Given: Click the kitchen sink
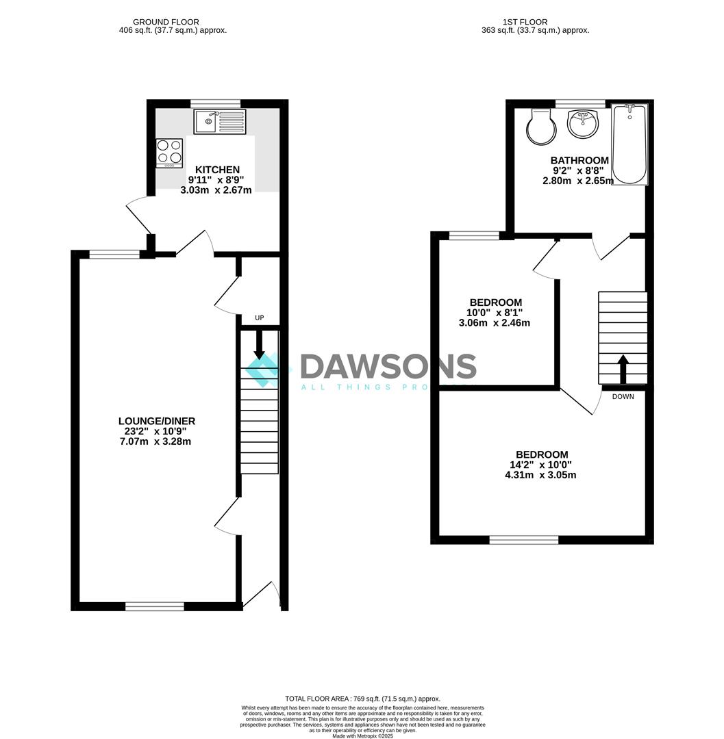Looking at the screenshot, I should pos(219,122).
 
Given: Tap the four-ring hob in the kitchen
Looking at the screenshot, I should pos(169,153).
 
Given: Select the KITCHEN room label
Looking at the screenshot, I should pos(217,170).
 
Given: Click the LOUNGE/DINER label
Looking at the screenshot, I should pos(157,422).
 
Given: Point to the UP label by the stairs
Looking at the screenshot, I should pos(259,317).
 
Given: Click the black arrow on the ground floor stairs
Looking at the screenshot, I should pos(259,344).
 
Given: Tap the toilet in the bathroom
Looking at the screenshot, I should pos(541,126).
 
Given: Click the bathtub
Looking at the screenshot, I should pos(629,144).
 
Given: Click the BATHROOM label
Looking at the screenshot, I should pos(579,161).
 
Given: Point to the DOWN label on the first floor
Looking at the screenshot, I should pos(623,396).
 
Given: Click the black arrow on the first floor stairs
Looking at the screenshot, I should pos(623,369).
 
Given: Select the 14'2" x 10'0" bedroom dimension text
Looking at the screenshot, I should pos(541,465).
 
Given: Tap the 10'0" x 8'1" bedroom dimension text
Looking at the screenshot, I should pos(495,313).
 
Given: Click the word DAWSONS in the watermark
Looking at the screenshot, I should pos(388,367).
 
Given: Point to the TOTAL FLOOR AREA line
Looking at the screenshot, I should pos(362,699).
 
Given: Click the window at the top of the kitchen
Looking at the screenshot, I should pos(216,103).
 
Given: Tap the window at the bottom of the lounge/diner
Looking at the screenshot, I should pos(155,606).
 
